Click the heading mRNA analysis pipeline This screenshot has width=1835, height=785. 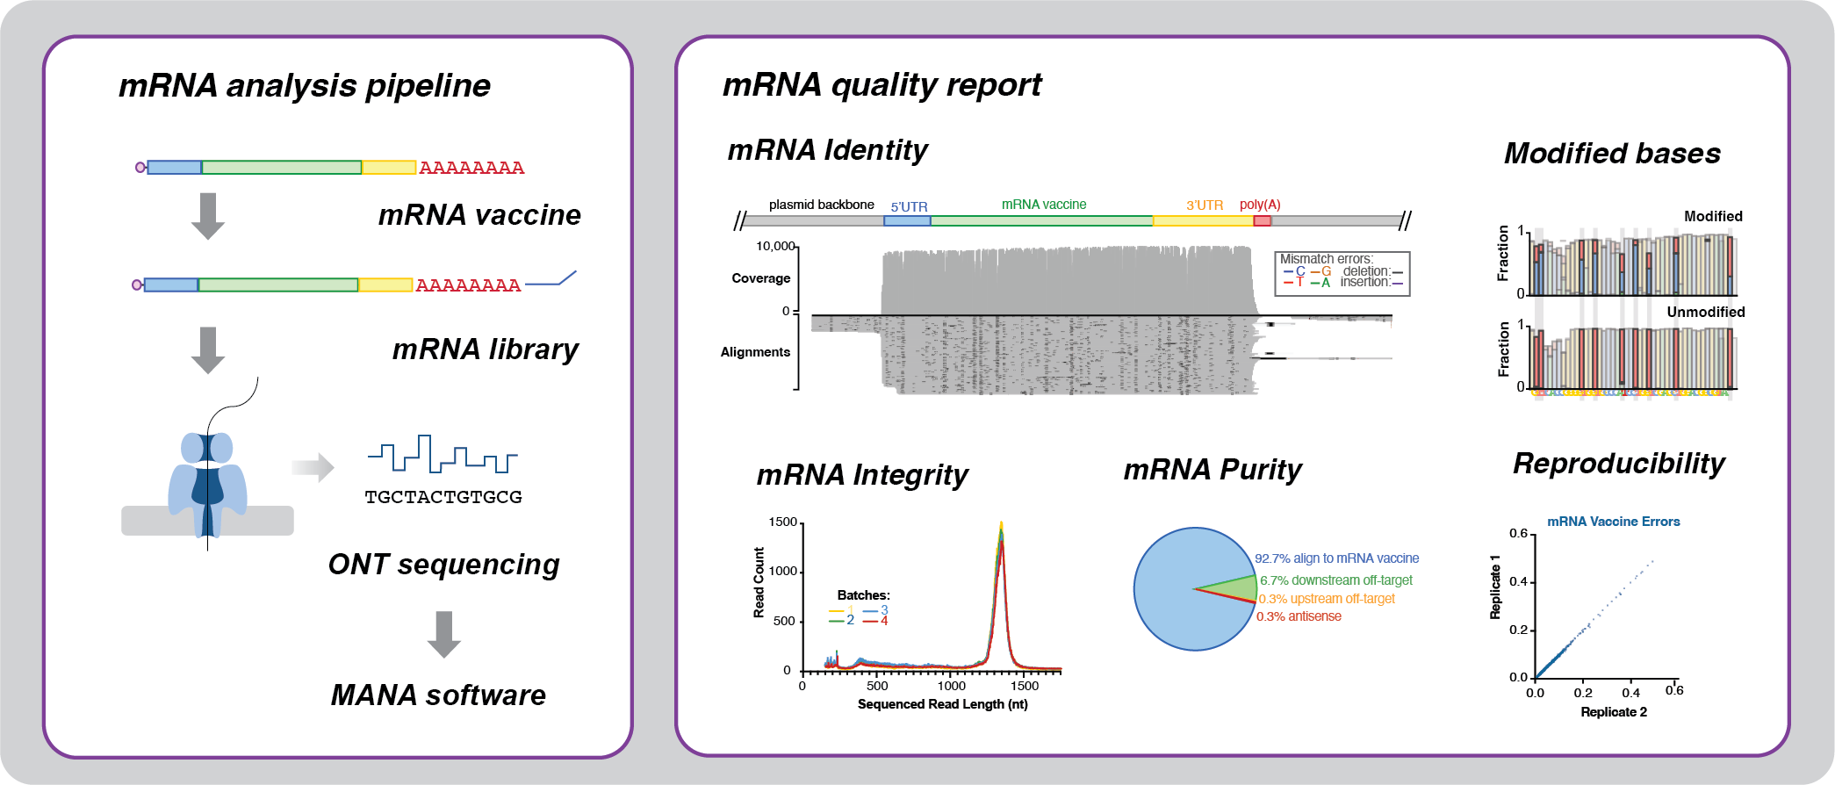[x=304, y=86]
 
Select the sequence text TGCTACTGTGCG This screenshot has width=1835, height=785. [x=443, y=497]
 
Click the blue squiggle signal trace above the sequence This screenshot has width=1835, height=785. [x=443, y=455]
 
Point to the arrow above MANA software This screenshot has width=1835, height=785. [x=443, y=634]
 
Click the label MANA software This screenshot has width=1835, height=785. [x=438, y=695]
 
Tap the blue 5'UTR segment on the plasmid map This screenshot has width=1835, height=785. [x=906, y=220]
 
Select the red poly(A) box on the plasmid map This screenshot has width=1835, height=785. [x=1262, y=220]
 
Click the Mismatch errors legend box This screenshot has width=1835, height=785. [x=1342, y=273]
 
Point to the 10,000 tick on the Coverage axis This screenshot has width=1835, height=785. [x=776, y=246]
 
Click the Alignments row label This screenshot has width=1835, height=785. [x=755, y=352]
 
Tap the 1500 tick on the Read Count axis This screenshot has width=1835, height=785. [x=783, y=522]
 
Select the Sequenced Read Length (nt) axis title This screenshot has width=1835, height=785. [x=942, y=704]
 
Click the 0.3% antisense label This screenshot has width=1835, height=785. [x=1299, y=616]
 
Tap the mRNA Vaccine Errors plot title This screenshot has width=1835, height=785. [x=1613, y=522]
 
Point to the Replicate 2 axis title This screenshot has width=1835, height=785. [x=1613, y=712]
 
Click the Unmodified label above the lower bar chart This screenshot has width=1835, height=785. [x=1705, y=312]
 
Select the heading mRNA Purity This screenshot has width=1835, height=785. [x=1213, y=470]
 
